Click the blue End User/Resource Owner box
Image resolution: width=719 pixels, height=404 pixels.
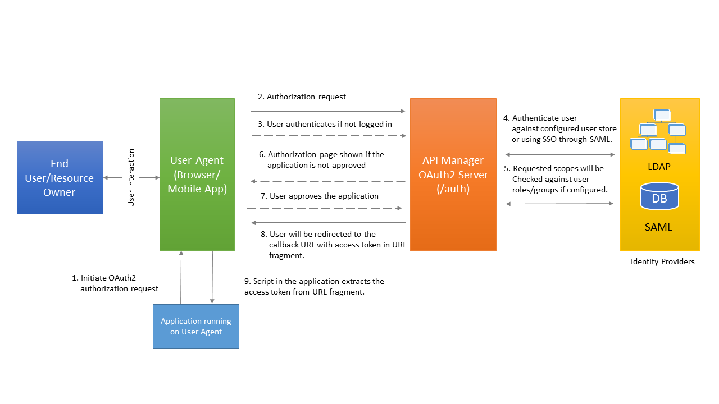pyautogui.click(x=60, y=177)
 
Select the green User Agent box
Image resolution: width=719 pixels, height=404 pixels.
pyautogui.click(x=197, y=175)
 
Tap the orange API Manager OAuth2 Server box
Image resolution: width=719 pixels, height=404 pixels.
pyautogui.click(x=453, y=175)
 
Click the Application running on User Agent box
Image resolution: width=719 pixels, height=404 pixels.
pyautogui.click(x=195, y=327)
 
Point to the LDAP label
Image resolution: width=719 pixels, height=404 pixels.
pyautogui.click(x=659, y=167)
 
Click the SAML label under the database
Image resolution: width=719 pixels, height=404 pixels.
pyautogui.click(x=659, y=227)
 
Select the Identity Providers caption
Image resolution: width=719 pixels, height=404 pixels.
pyautogui.click(x=662, y=261)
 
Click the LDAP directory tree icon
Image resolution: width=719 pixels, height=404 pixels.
pyautogui.click(x=658, y=132)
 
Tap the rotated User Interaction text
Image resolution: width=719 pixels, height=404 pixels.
pyautogui.click(x=131, y=177)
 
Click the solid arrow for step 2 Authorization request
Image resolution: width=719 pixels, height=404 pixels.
pyautogui.click(x=327, y=111)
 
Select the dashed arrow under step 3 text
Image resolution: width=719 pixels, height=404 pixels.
pyautogui.click(x=327, y=136)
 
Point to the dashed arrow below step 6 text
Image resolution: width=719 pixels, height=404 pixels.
pyautogui.click(x=327, y=181)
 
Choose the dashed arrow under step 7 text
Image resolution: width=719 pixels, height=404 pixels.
pyautogui.click(x=325, y=208)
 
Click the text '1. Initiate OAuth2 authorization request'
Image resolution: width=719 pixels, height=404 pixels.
pyautogui.click(x=116, y=283)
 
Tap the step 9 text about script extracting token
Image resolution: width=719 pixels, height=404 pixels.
pyautogui.click(x=314, y=286)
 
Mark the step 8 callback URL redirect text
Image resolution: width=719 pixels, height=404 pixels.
pyautogui.click(x=337, y=245)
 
